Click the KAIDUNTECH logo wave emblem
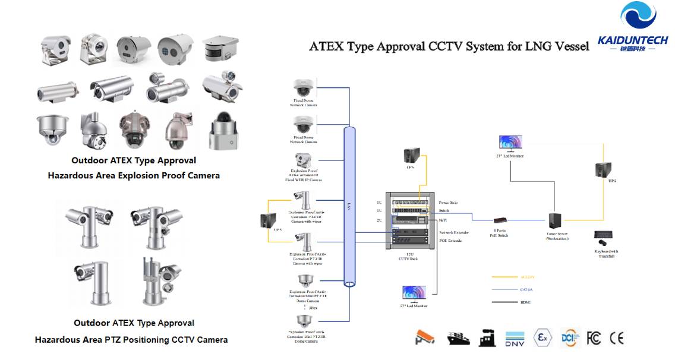[638, 18]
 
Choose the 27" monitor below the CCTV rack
[413, 293]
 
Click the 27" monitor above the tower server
[510, 143]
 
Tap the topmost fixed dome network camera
[304, 88]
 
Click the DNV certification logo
[515, 339]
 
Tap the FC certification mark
[594, 338]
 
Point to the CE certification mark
[617, 338]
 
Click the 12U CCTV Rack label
[408, 257]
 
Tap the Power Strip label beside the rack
[449, 203]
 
